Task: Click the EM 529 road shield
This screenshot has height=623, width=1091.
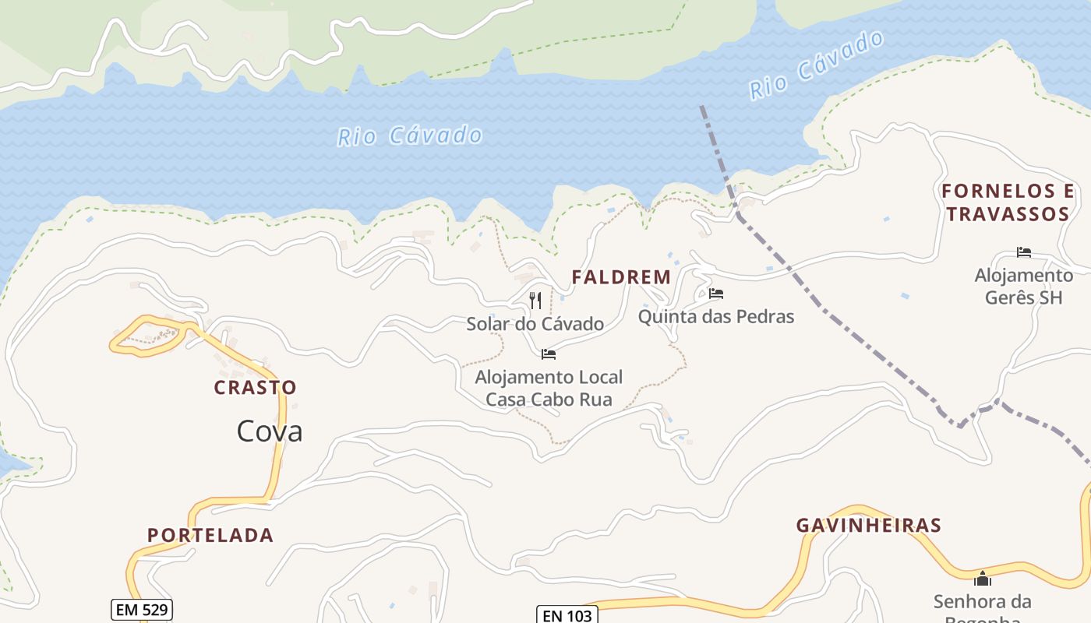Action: [141, 610]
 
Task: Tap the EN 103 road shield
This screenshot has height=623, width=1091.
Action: [567, 615]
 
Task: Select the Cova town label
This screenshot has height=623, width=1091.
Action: [270, 431]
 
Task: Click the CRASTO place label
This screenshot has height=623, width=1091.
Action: [256, 387]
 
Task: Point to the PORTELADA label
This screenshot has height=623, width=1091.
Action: [210, 535]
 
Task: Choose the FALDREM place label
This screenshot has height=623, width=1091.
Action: [621, 277]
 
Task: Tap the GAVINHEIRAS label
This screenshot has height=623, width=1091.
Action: [869, 526]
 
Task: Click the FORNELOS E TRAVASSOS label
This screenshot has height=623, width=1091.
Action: [1007, 202]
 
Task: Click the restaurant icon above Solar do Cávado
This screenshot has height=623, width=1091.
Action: [535, 301]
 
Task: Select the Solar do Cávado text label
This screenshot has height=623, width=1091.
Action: [535, 324]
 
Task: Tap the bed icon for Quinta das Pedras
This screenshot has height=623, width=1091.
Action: [716, 294]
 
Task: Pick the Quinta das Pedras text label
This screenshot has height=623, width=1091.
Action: [716, 317]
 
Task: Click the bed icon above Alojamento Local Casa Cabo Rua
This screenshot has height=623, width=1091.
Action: [549, 354]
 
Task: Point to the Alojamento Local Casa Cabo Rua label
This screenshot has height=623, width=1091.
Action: [549, 389]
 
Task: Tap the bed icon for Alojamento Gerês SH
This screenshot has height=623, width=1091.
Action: [1024, 252]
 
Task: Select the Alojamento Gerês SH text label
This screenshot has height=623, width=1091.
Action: [1024, 287]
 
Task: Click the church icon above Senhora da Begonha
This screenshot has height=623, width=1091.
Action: [983, 579]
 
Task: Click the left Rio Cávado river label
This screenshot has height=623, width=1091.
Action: [410, 136]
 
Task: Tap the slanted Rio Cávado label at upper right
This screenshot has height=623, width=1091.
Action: [817, 65]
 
